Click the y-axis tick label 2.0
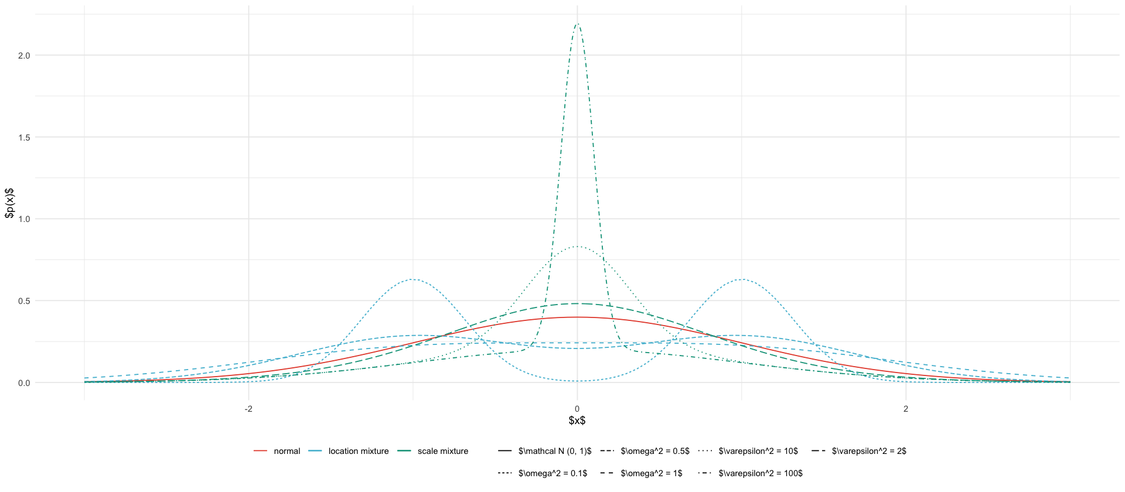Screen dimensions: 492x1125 24,56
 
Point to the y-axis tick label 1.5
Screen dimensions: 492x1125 24,137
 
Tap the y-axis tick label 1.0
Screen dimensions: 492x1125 24,219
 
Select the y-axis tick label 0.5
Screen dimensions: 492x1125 24,301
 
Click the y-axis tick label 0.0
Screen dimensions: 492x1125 24,383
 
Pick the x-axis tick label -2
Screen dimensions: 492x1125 248,409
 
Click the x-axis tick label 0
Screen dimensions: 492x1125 577,409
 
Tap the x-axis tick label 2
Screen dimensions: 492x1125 906,409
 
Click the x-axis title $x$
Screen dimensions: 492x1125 577,421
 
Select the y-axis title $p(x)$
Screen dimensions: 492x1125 9,203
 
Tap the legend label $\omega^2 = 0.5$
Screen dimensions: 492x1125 654,452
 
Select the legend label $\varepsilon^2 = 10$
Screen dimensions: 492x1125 758,452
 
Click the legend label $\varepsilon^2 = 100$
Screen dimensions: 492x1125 760,473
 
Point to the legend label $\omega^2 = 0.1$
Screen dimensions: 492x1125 552,473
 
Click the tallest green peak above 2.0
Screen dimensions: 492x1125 577,24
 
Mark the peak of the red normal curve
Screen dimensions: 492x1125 577,317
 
